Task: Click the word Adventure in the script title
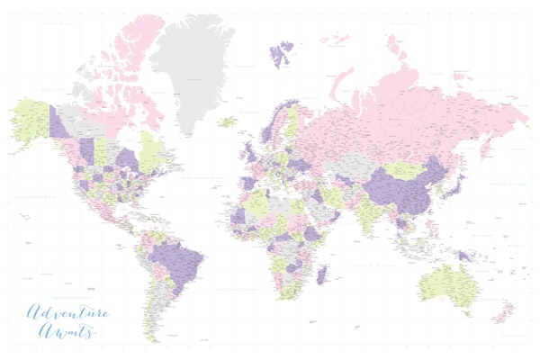pyautogui.click(x=67, y=314)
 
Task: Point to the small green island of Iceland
pyautogui.click(x=227, y=121)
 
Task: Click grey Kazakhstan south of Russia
pyautogui.click(x=351, y=167)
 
